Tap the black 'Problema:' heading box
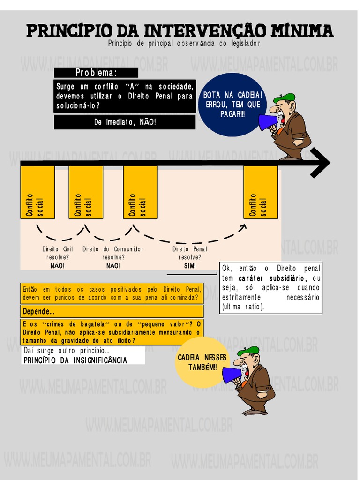click(x=96, y=73)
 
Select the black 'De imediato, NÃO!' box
click(x=125, y=122)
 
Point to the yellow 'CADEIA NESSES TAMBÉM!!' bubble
click(x=202, y=362)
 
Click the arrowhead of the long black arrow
click(x=320, y=163)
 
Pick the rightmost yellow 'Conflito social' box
click(x=260, y=192)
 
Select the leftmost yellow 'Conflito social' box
click(x=37, y=192)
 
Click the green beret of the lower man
click(x=248, y=351)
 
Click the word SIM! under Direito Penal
click(x=190, y=266)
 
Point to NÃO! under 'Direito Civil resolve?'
click(x=58, y=266)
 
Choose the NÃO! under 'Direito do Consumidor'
click(x=113, y=266)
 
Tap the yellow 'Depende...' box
click(x=112, y=311)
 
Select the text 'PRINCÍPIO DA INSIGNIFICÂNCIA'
click(x=75, y=360)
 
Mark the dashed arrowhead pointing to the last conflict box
click(x=243, y=227)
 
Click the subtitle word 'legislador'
click(x=243, y=43)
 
